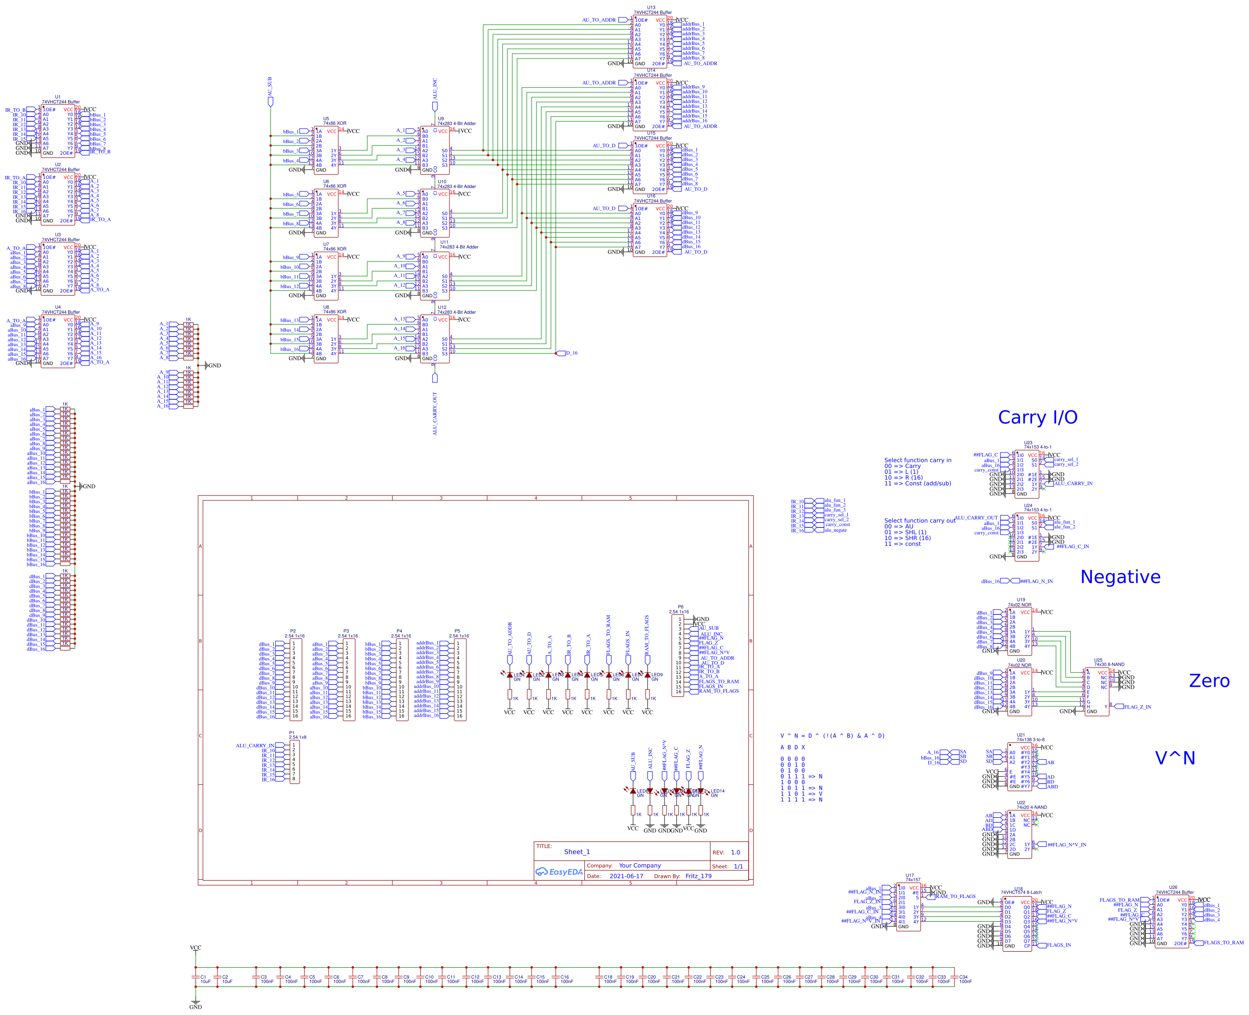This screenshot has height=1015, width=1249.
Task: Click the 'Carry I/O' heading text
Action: tap(1037, 418)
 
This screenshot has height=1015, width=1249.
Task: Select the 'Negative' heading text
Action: tap(1120, 577)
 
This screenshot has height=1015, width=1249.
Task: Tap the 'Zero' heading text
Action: tap(1209, 681)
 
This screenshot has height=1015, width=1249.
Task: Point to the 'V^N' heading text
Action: tap(1174, 758)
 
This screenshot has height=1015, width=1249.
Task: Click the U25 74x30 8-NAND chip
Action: tap(1096, 692)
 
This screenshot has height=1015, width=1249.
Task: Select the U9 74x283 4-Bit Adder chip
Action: tap(435, 150)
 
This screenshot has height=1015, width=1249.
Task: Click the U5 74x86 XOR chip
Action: tap(326, 150)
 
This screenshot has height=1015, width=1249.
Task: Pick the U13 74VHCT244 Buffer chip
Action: tap(649, 41)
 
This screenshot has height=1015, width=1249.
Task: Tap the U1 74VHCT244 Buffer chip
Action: tap(58, 131)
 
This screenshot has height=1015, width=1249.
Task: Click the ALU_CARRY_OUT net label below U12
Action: tap(435, 413)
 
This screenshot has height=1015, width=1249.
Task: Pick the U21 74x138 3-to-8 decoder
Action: tap(1019, 767)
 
